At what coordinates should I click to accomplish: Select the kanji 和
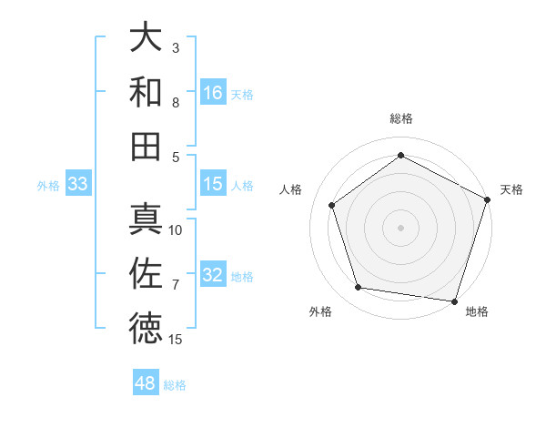pos(146,92)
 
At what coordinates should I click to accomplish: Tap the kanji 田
pos(146,146)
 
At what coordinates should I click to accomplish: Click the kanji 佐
pos(146,273)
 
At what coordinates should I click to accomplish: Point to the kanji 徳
pos(146,328)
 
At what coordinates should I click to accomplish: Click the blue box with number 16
pos(213,93)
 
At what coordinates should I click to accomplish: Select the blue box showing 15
pos(213,184)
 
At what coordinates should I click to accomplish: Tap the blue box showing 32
pos(213,275)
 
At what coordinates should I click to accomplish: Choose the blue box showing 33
pos(77,184)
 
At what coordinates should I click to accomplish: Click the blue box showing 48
pos(146,383)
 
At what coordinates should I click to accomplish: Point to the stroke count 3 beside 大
pos(175,47)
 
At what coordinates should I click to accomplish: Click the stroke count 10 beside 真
pos(176,230)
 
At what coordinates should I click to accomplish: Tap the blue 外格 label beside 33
pos(48,186)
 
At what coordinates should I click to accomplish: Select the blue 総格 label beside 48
pos(175,385)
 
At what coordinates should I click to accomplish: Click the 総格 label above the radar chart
pos(400,118)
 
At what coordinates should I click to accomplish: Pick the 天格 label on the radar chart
pos(511,189)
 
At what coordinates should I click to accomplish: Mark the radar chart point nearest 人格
pos(332,205)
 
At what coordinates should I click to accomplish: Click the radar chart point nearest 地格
pos(453,300)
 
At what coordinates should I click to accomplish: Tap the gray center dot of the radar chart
pos(400,227)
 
